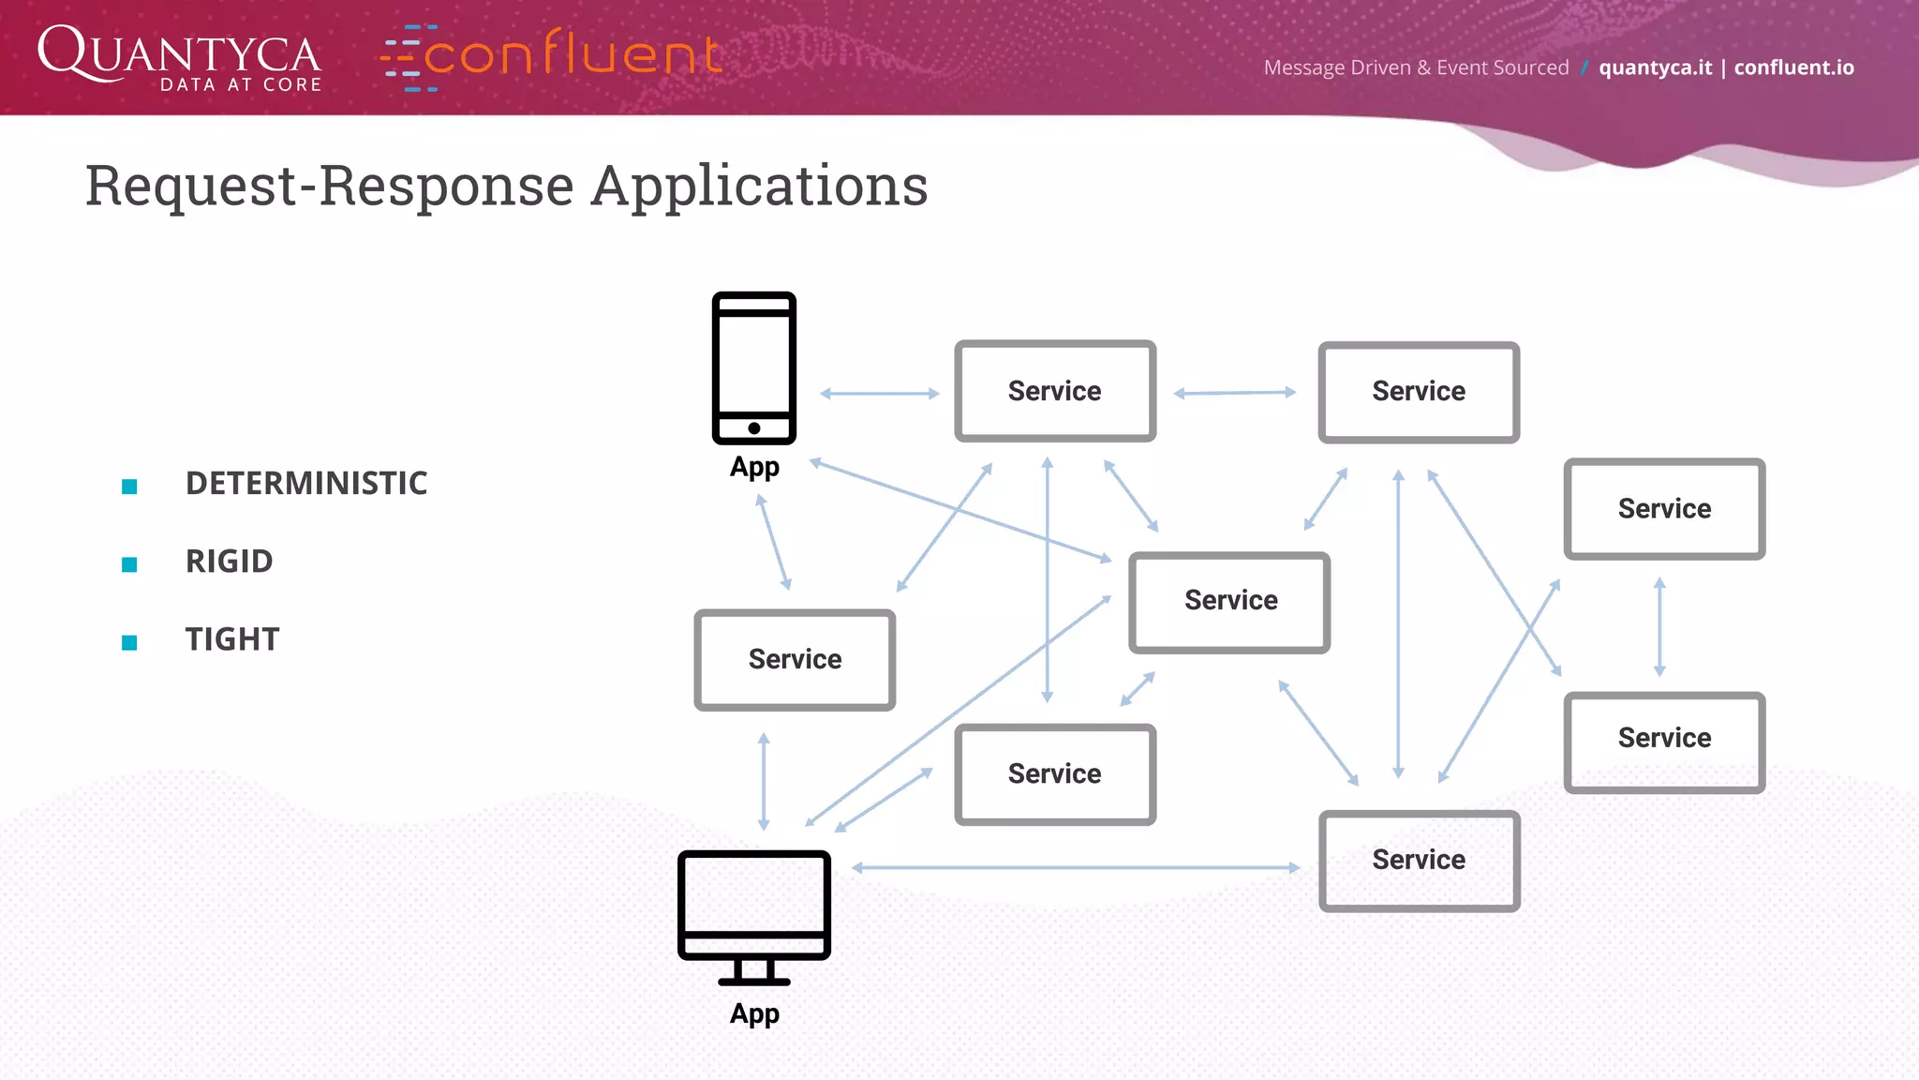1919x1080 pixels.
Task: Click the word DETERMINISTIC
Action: click(x=306, y=484)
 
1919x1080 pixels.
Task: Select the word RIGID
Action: click(x=229, y=562)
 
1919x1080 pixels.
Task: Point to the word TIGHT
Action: click(x=232, y=639)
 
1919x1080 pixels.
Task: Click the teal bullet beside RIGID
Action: click(x=129, y=564)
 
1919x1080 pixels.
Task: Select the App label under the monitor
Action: click(x=754, y=1013)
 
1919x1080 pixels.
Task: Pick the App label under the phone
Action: click(x=754, y=466)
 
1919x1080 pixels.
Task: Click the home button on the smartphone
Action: click(x=753, y=428)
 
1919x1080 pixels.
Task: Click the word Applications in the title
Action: click(x=759, y=186)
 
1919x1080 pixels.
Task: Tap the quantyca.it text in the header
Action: click(x=1655, y=67)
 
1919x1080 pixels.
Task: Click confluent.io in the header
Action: click(x=1793, y=67)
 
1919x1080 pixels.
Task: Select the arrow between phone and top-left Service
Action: click(x=879, y=394)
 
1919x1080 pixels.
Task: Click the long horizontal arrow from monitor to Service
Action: click(x=1076, y=868)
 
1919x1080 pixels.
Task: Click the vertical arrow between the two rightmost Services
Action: click(x=1659, y=626)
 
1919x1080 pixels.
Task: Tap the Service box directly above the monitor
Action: click(x=795, y=660)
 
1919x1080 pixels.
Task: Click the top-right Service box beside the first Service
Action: click(x=1419, y=392)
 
